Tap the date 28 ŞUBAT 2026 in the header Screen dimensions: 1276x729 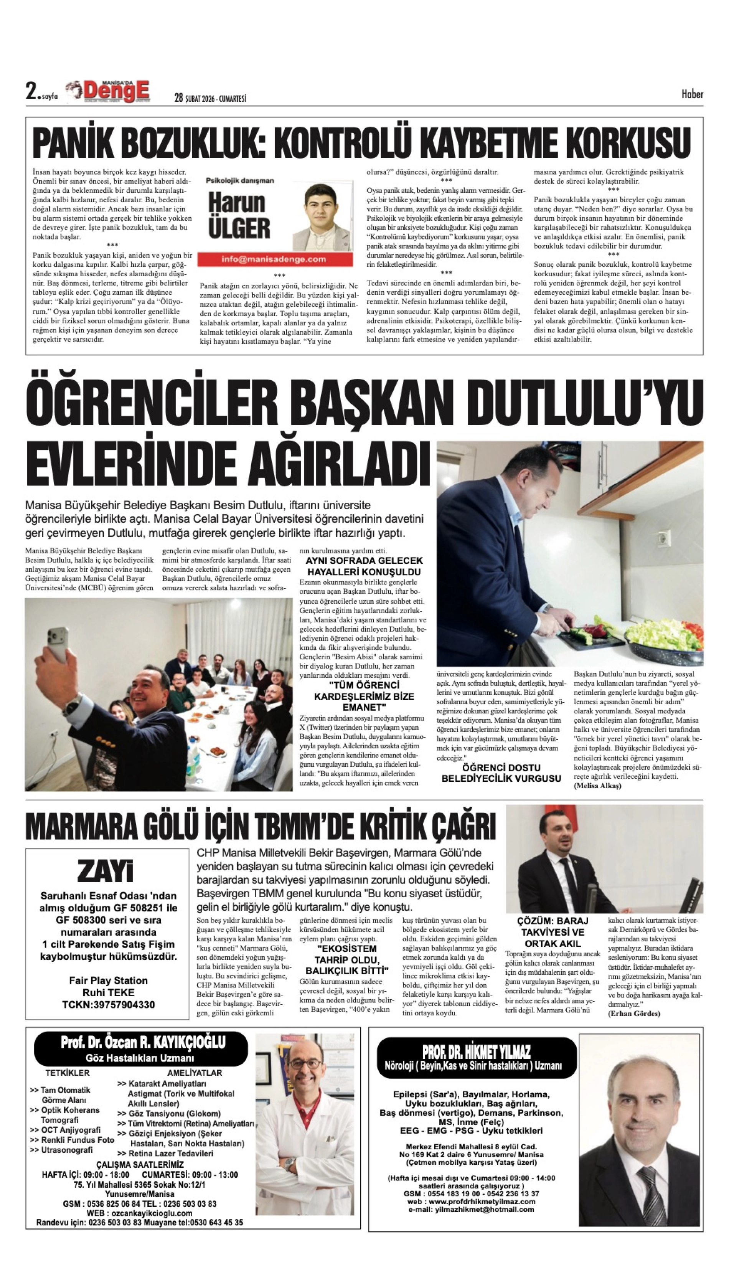tap(210, 98)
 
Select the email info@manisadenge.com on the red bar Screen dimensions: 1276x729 tap(273, 259)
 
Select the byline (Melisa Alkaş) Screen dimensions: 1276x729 tap(597, 786)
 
